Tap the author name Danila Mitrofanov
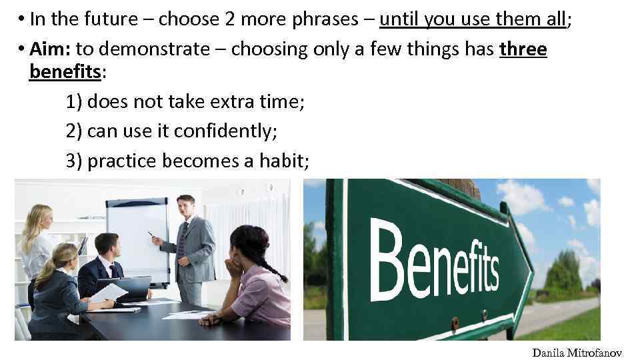(577, 353)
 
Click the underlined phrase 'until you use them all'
(473, 20)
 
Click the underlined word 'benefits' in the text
(64, 72)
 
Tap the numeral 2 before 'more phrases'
(229, 20)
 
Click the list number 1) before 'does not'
(75, 101)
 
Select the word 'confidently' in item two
(224, 131)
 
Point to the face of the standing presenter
(185, 205)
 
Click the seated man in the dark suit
(103, 267)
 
